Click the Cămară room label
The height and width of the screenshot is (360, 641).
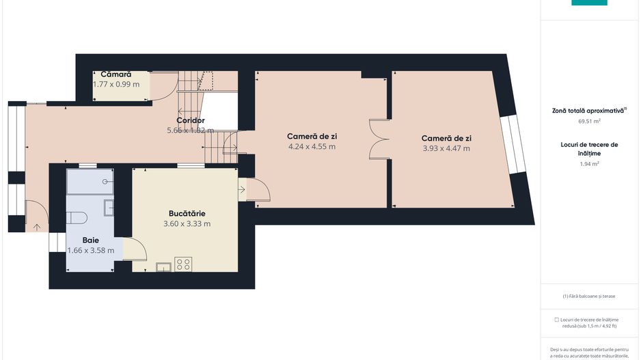coord(115,74)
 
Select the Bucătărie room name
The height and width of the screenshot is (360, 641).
coord(187,213)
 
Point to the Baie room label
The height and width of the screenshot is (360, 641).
coord(91,240)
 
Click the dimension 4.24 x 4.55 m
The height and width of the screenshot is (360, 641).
coord(312,146)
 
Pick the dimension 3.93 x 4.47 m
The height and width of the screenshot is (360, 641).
coord(446,148)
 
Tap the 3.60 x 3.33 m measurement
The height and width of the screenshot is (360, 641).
coord(187,223)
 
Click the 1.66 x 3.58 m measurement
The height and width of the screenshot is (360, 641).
coord(91,250)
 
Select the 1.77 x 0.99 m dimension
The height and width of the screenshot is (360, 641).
coord(116,84)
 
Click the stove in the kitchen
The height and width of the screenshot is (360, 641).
coord(182,264)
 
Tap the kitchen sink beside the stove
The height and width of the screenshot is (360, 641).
coord(163,266)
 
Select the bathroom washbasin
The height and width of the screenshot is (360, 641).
coord(109,207)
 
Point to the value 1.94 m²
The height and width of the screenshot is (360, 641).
coord(589,164)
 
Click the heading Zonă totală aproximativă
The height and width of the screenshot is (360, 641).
coord(588,110)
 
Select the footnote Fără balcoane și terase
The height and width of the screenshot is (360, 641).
coord(588,296)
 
